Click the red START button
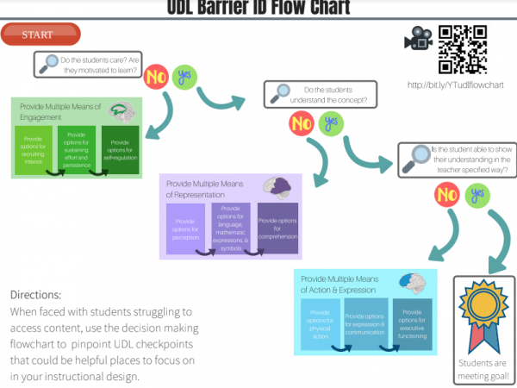40,35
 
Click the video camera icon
420,41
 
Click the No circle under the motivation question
157,76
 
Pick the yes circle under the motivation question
184,76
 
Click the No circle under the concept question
301,123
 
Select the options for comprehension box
277,227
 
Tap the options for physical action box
320,324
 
